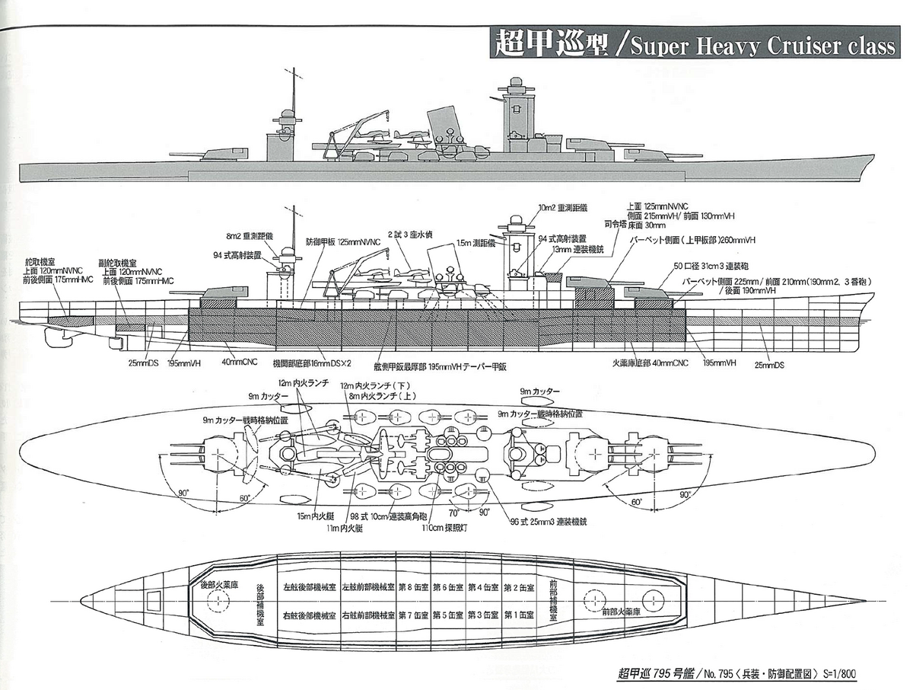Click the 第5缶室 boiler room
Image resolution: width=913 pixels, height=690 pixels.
[449, 615]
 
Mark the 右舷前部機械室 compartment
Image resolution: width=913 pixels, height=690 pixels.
[368, 615]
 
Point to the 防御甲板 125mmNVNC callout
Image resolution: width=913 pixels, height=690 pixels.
[333, 241]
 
